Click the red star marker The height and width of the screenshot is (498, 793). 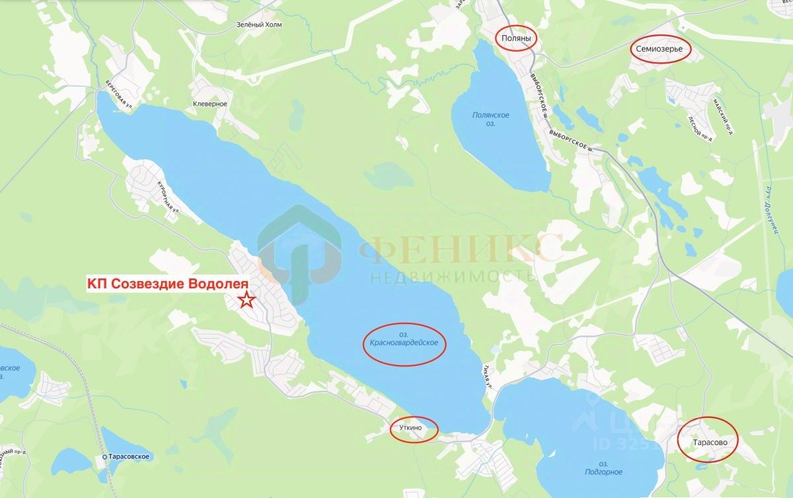coord(246,300)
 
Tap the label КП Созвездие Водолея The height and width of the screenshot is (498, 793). coord(168,284)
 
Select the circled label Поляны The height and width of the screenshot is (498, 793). coord(516,39)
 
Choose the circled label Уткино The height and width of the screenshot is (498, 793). coord(414,429)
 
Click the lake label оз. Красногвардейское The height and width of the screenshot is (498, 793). coord(405,343)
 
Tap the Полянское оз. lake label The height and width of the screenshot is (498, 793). coord(490,119)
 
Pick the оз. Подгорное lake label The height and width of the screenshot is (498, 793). coord(603,467)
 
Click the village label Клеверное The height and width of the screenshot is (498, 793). coord(210,104)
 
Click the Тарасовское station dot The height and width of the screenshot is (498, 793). coord(104,457)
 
